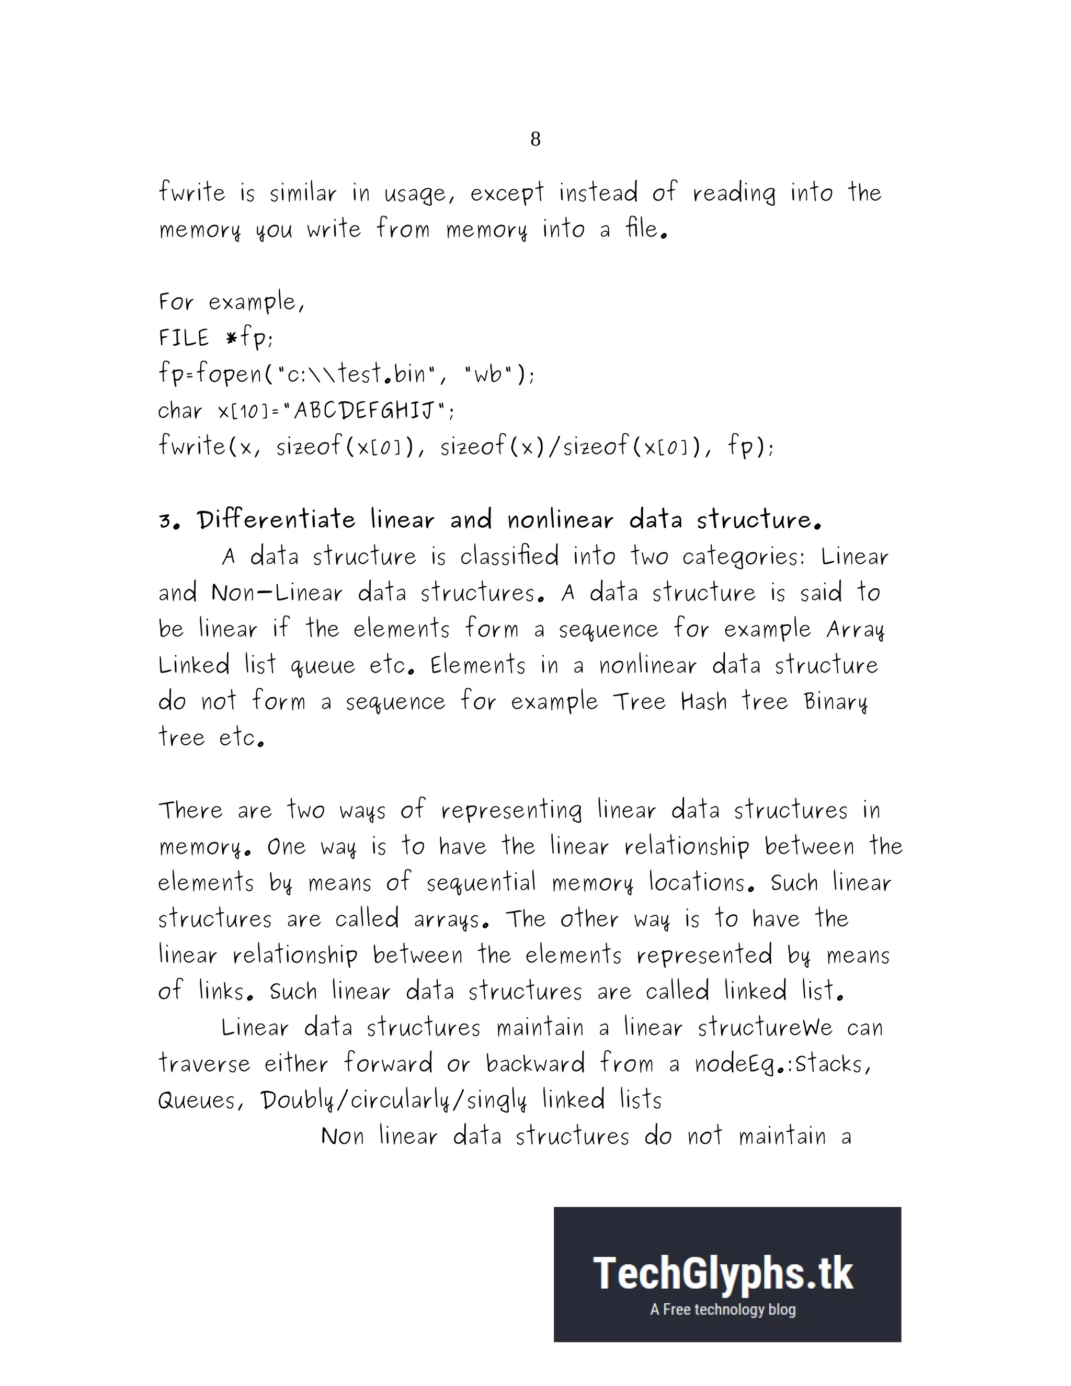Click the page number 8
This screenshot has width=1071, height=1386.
point(535,139)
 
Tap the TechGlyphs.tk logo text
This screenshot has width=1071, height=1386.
point(723,1274)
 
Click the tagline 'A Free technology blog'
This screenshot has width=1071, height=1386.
point(723,1309)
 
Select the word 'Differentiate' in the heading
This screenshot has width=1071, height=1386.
point(276,520)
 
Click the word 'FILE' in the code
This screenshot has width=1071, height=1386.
point(184,338)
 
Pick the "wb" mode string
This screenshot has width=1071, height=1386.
point(487,374)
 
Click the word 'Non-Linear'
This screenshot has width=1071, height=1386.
point(277,593)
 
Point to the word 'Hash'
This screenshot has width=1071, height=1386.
point(704,702)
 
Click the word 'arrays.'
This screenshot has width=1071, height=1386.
point(451,919)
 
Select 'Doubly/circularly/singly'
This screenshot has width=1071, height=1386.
point(393,1100)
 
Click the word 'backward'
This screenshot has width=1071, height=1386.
point(535,1064)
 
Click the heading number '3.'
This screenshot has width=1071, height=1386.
point(170,521)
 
